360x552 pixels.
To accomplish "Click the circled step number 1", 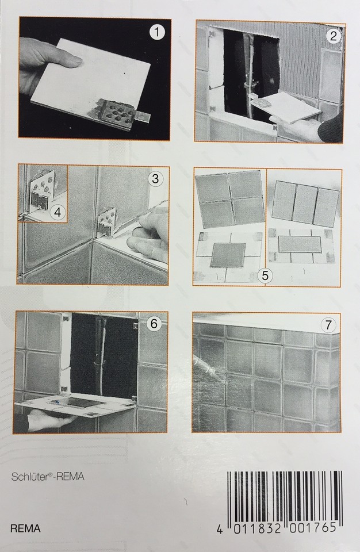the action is pyautogui.click(x=157, y=33).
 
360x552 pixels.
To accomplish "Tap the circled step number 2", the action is pyautogui.click(x=333, y=36).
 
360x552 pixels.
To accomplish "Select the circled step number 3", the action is pyautogui.click(x=155, y=179).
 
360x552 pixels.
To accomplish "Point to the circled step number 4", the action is pyautogui.click(x=58, y=212).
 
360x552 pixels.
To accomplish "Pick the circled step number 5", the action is pyautogui.click(x=265, y=275).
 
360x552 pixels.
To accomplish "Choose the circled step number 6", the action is pyautogui.click(x=154, y=323).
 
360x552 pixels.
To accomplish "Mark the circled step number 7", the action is pyautogui.click(x=328, y=324).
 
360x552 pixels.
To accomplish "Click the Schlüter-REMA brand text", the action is pyautogui.click(x=48, y=477).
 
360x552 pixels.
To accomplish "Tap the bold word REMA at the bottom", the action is pyautogui.click(x=25, y=528).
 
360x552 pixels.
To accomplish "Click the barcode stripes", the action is pyautogui.click(x=285, y=496).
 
